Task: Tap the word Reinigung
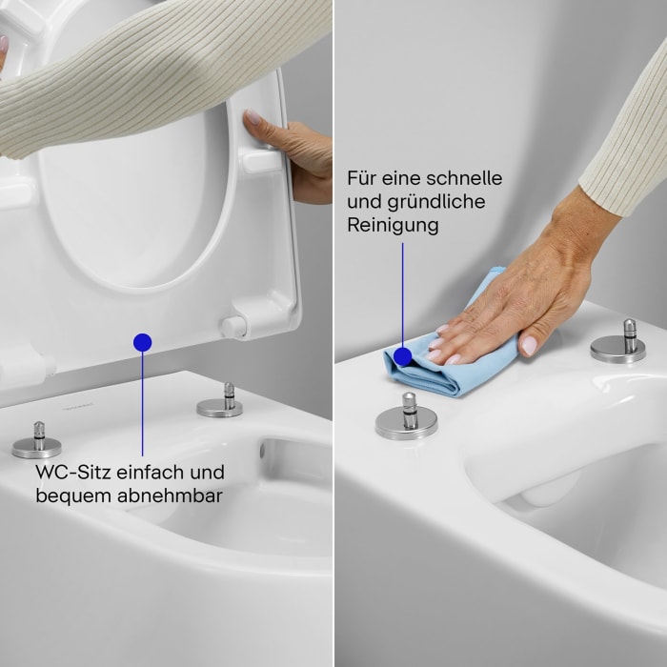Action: tap(393, 225)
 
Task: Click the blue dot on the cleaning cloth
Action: tap(402, 356)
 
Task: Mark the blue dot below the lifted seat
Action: tap(142, 341)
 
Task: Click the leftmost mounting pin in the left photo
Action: tap(38, 441)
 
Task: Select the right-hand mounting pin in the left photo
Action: tap(221, 401)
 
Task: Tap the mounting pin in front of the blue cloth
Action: tap(407, 416)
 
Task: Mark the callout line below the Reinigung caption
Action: tap(402, 291)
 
